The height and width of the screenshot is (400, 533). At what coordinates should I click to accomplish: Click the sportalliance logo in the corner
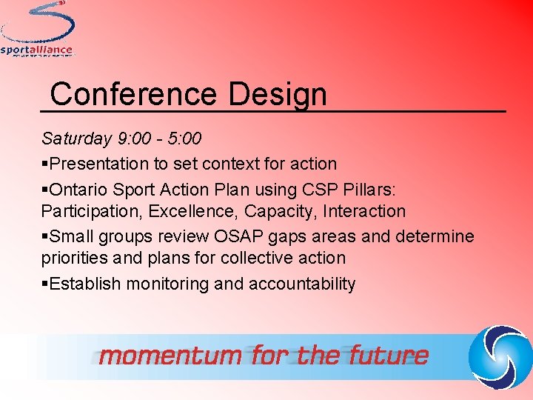click(x=37, y=30)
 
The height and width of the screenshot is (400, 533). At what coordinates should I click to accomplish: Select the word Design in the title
click(x=277, y=94)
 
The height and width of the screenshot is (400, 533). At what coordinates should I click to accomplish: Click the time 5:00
click(x=184, y=139)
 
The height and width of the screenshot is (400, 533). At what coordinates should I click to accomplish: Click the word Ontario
click(x=78, y=188)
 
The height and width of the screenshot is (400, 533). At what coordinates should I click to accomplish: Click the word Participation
click(x=92, y=212)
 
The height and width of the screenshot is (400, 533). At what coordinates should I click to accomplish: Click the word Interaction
click(x=363, y=212)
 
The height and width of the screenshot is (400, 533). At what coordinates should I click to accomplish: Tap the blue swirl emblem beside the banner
click(x=500, y=355)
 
